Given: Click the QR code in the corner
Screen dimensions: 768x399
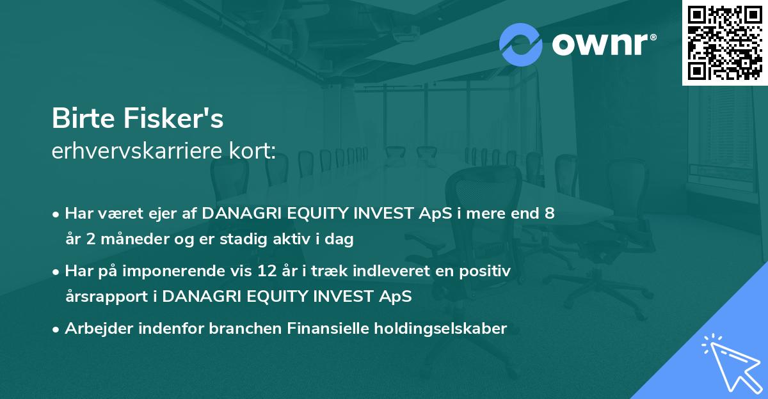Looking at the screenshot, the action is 724,43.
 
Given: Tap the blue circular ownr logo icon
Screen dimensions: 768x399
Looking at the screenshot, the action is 520,45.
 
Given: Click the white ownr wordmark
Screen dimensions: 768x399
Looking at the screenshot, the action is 604,45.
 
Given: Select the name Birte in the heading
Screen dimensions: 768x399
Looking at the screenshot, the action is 83,118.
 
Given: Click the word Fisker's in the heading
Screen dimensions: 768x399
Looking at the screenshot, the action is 173,118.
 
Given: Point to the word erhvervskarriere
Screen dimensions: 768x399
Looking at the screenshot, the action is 137,151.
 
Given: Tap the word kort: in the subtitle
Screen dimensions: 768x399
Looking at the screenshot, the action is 252,151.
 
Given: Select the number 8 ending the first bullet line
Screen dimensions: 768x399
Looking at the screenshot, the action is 550,214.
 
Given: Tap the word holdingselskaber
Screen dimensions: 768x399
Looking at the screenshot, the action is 440,329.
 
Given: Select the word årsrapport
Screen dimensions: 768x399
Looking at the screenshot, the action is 107,297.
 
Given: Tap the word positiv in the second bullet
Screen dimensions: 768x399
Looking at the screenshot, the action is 485,272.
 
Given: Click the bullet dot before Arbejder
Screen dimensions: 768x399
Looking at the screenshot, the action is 56,330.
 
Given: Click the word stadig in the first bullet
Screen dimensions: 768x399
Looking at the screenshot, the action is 243,239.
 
